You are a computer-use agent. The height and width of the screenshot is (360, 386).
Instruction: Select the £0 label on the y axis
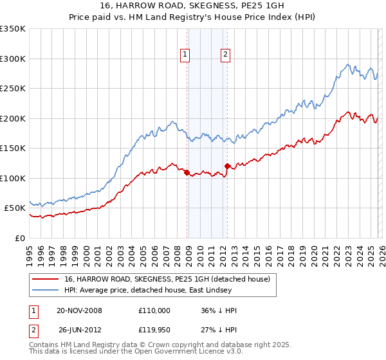(x=19, y=238)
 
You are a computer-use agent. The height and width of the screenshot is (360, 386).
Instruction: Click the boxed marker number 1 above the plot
(x=185, y=55)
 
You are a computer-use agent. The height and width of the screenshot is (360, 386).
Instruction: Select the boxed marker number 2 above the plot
(x=226, y=55)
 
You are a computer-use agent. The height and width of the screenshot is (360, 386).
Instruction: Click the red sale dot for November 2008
(x=187, y=172)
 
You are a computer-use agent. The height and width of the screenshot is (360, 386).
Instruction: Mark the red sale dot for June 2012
(x=228, y=166)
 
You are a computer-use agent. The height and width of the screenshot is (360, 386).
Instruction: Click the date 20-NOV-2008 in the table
(x=79, y=310)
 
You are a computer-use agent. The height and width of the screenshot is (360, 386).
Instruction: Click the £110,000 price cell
(x=154, y=310)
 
